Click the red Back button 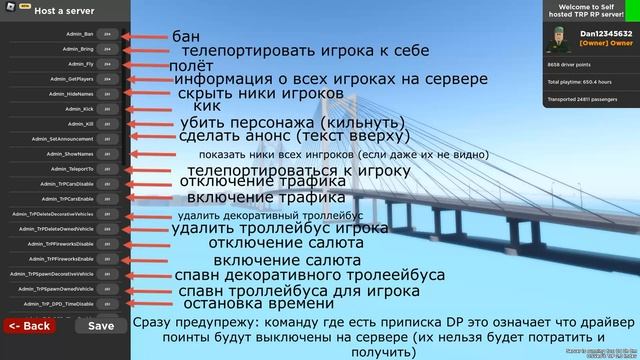pyautogui.click(x=29, y=326)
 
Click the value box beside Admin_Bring pyautogui.click(x=108, y=49)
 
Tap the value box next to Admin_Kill pyautogui.click(x=108, y=124)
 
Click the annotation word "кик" pyautogui.click(x=206, y=105)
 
